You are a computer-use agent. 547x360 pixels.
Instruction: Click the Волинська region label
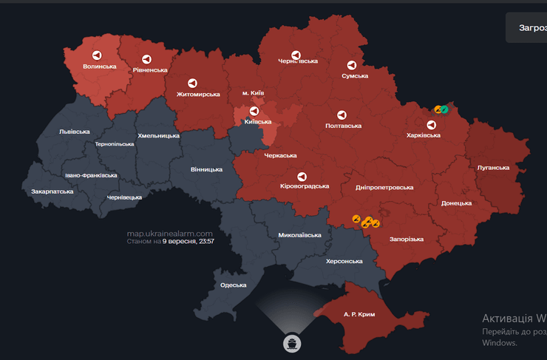[100, 67]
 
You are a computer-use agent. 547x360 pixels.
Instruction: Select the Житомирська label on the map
[199, 95]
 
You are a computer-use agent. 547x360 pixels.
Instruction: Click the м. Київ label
[253, 93]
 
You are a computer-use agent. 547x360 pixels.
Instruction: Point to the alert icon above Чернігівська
[296, 55]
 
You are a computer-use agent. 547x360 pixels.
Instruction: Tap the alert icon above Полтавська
[342, 115]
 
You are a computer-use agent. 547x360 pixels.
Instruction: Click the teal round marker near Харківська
[444, 109]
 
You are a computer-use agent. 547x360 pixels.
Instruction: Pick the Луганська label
[493, 168]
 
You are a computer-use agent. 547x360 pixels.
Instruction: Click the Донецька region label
[456, 203]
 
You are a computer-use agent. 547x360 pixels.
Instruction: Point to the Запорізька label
[407, 240]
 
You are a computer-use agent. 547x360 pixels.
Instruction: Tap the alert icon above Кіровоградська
[302, 176]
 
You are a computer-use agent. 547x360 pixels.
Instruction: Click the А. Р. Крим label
[359, 315]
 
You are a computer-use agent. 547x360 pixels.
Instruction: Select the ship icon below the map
[292, 342]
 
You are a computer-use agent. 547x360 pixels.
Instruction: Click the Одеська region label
[233, 285]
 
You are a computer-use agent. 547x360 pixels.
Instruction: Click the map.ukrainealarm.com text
[169, 234]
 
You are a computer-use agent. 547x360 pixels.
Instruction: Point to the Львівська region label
[74, 132]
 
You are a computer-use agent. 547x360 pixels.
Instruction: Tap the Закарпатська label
[52, 191]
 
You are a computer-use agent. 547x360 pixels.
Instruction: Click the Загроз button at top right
[527, 27]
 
